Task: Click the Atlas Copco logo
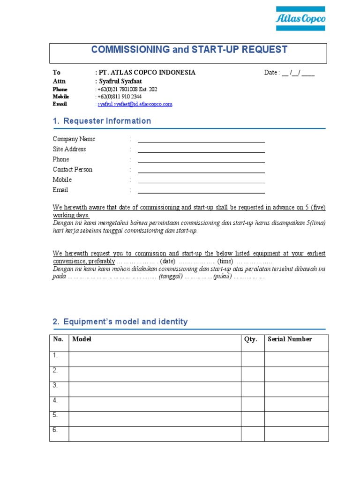click(x=300, y=19)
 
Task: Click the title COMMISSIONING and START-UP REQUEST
click(x=189, y=50)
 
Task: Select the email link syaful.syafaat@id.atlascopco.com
click(x=135, y=104)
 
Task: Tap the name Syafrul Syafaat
click(x=120, y=81)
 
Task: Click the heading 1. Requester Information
click(x=102, y=121)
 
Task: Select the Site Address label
click(x=69, y=149)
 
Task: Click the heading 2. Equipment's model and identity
click(x=120, y=322)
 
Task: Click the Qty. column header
click(x=251, y=339)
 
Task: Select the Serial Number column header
click(x=290, y=339)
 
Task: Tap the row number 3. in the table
click(x=55, y=385)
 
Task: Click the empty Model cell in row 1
click(x=155, y=359)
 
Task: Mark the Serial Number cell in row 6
click(x=296, y=434)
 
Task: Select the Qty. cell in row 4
click(x=253, y=404)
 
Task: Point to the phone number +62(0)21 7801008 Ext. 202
click(x=127, y=89)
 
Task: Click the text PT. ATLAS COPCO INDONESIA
click(x=146, y=73)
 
